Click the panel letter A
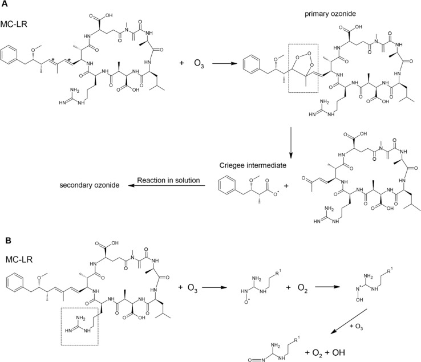pos(5,6)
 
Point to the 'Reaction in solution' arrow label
pos(163,181)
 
